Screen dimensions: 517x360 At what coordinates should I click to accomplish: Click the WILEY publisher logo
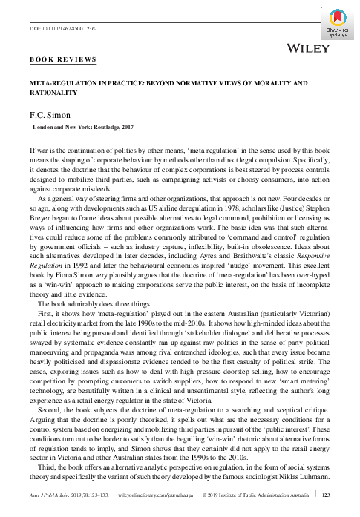(306, 49)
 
